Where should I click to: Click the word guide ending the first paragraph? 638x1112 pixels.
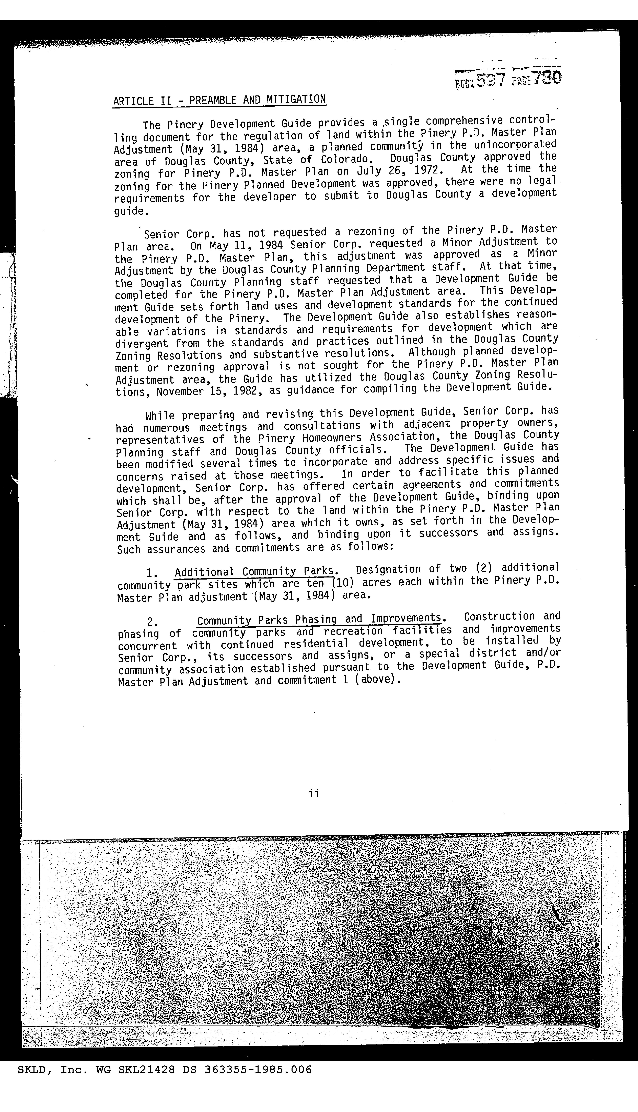[129, 211]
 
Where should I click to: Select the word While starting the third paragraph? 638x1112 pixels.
[160, 415]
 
